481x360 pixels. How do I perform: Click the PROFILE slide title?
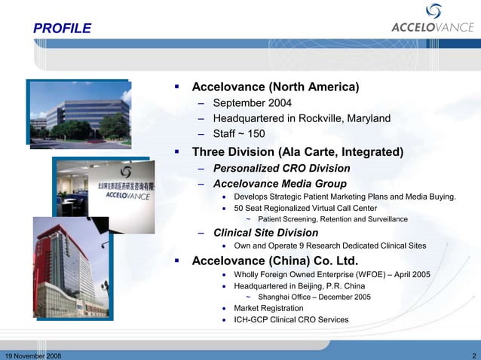(x=62, y=29)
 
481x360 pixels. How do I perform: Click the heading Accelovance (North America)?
(x=274, y=87)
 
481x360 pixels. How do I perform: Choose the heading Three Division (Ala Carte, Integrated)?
(x=298, y=152)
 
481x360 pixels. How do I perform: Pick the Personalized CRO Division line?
(x=281, y=168)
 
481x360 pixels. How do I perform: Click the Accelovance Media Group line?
(x=280, y=184)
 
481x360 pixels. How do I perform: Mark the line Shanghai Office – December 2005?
(x=314, y=297)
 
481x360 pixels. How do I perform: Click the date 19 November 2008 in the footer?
(x=34, y=355)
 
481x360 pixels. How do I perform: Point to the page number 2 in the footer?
(x=473, y=355)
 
